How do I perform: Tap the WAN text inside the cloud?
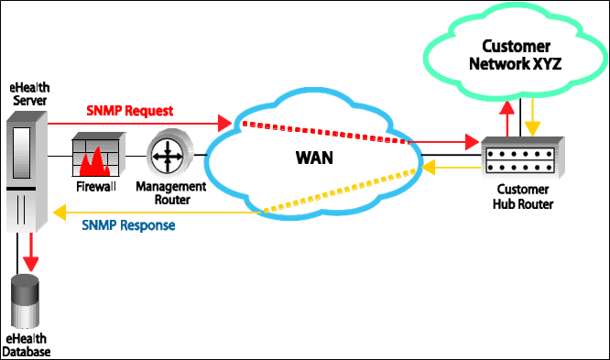[314, 158]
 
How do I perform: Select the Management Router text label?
[171, 192]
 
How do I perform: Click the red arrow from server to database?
[30, 247]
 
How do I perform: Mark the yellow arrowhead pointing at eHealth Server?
[58, 213]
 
